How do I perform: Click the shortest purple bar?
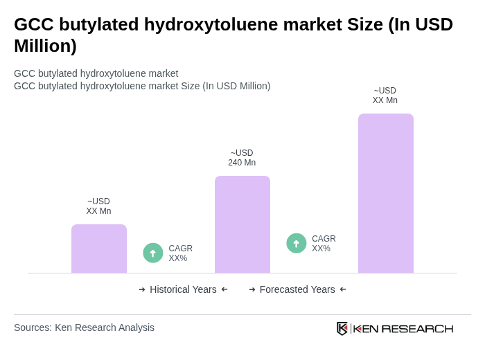click(99, 249)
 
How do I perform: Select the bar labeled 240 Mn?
click(242, 224)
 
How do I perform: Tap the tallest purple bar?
click(386, 193)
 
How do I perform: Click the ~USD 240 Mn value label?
click(242, 158)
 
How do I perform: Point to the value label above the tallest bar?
click(385, 96)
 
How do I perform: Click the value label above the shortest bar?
click(98, 206)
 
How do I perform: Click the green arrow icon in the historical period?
click(153, 253)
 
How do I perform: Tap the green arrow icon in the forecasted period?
click(297, 243)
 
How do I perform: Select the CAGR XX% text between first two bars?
click(180, 253)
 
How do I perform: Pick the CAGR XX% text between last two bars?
click(324, 244)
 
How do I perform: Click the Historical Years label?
click(183, 289)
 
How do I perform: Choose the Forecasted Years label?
click(297, 289)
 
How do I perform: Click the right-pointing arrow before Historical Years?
click(142, 289)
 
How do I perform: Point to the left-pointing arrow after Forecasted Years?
click(343, 289)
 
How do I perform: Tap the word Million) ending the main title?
click(45, 46)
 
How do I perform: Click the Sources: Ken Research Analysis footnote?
click(84, 327)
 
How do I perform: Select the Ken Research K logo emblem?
click(342, 328)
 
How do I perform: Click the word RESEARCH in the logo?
click(417, 328)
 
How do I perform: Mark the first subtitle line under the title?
click(96, 73)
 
